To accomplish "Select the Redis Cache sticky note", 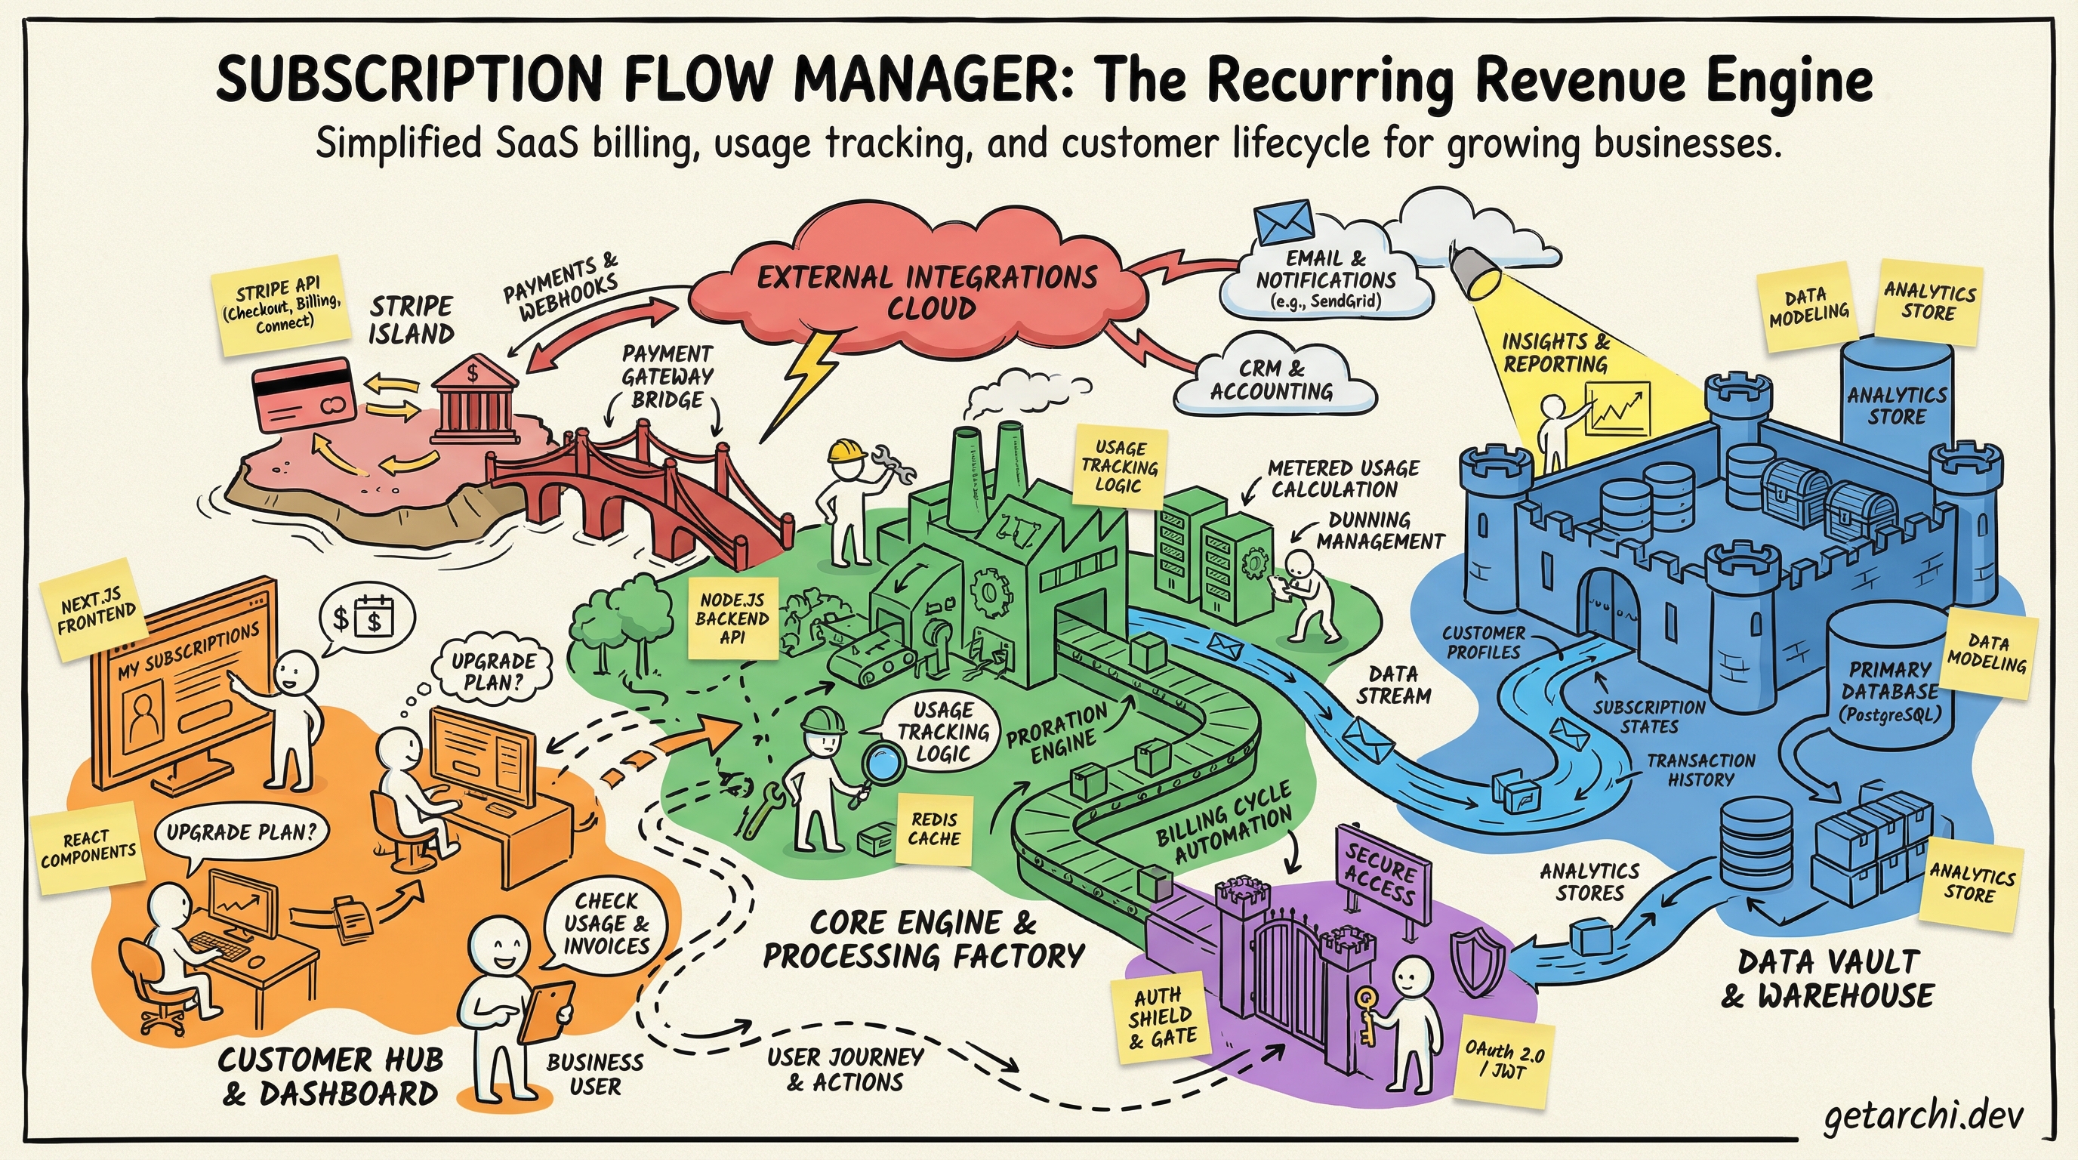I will (934, 828).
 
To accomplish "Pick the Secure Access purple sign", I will (1380, 875).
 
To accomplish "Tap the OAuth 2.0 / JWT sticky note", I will (1503, 1062).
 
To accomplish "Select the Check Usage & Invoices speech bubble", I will (606, 923).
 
